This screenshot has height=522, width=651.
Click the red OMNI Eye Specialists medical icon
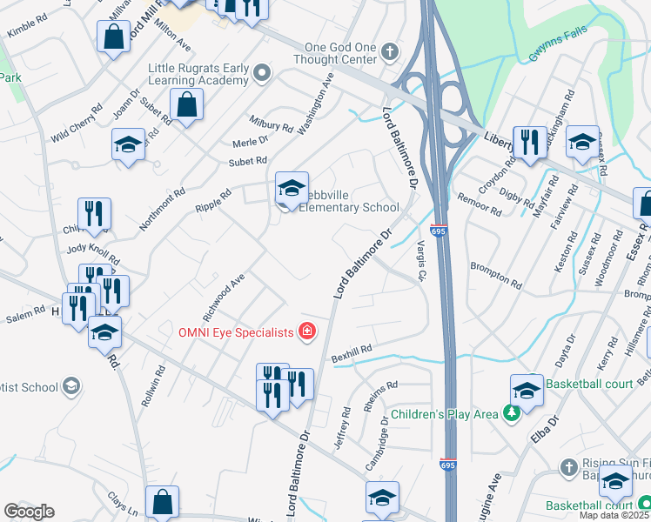coord(305,331)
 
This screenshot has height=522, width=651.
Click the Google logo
coord(29,512)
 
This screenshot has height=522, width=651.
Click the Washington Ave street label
coord(316,104)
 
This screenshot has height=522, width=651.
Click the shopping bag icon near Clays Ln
coord(163,501)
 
